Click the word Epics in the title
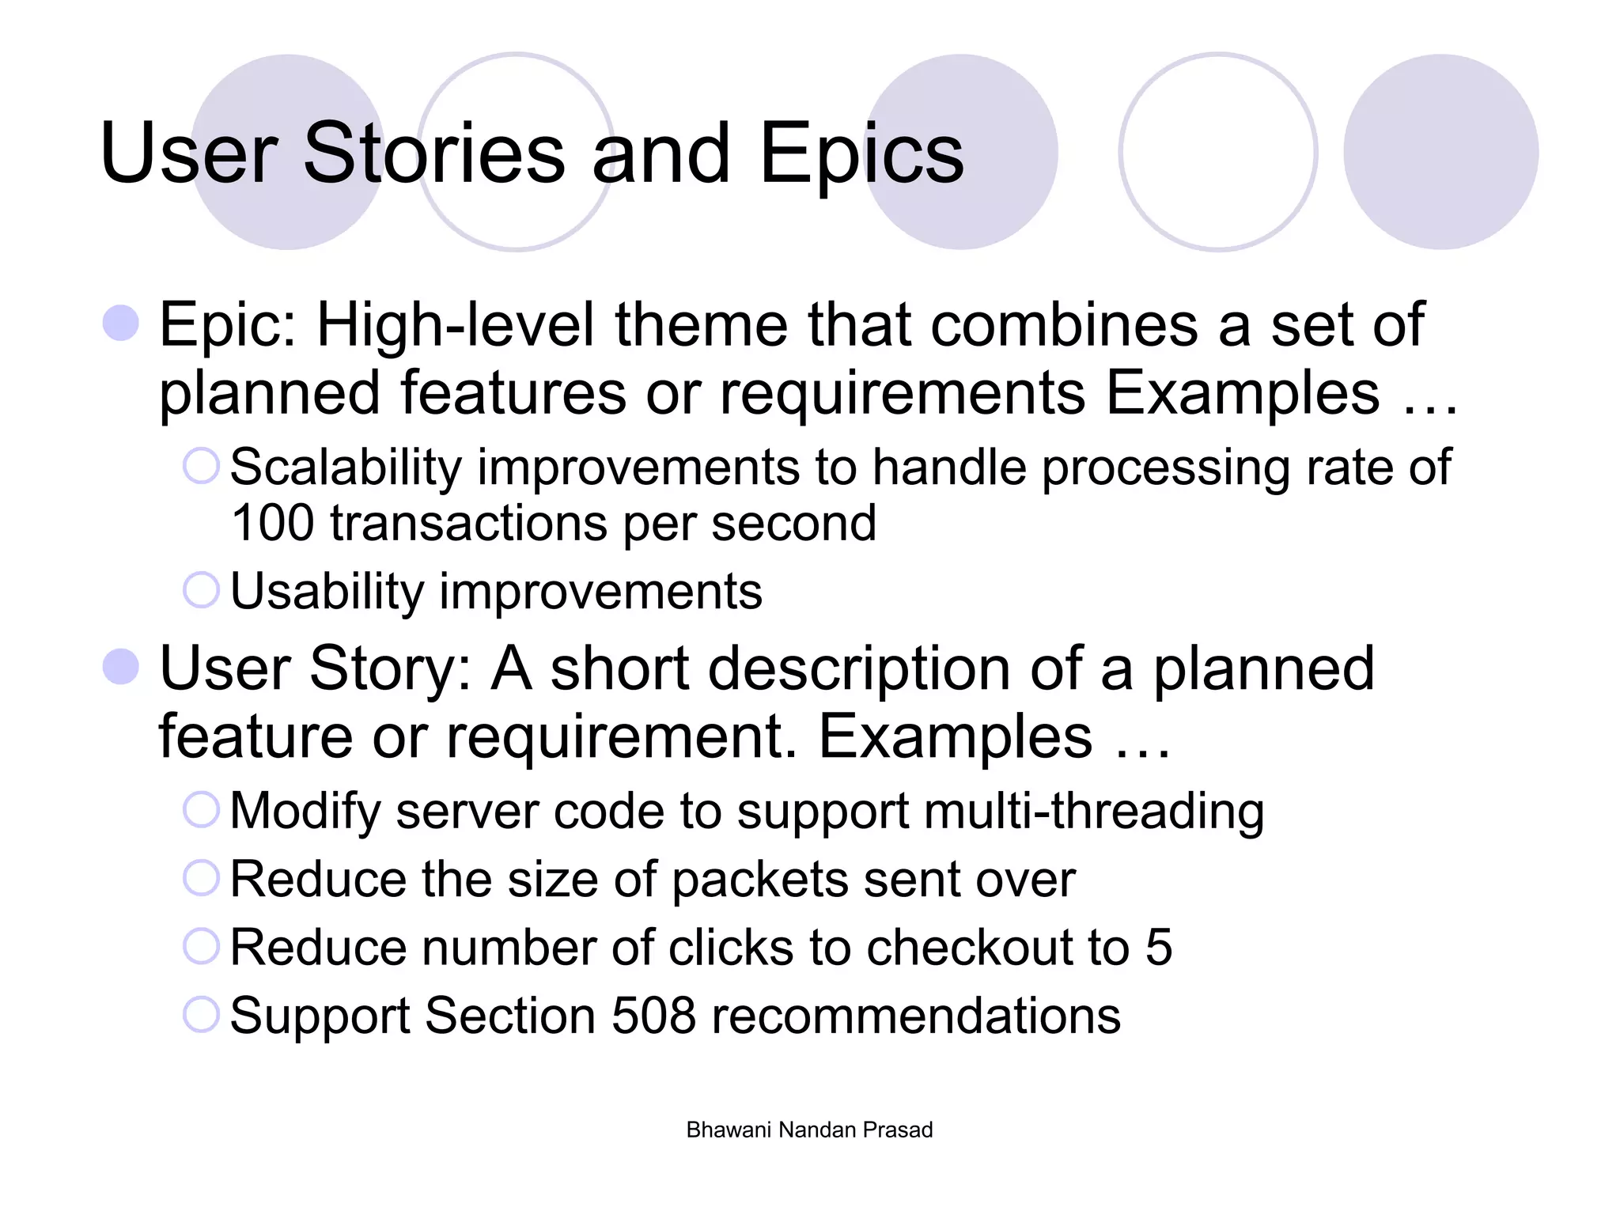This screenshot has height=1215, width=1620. click(861, 154)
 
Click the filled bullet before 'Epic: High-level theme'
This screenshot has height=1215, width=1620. click(121, 323)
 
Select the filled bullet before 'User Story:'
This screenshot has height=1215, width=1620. click(121, 666)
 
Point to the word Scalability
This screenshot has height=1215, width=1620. click(346, 467)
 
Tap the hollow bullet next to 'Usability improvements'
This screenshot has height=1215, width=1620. click(201, 590)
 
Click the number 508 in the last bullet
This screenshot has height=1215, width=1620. click(653, 1016)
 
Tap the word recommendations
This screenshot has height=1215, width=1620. click(916, 1016)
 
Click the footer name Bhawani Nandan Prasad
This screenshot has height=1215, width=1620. click(809, 1130)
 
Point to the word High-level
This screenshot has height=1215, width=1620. click(455, 325)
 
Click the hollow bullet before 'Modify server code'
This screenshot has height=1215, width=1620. click(201, 810)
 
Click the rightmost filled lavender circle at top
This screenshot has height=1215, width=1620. click(1440, 152)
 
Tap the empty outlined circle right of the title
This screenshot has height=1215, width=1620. click(1217, 152)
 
